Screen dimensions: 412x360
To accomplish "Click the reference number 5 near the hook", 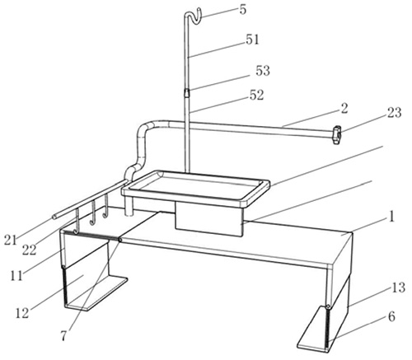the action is coord(243,10).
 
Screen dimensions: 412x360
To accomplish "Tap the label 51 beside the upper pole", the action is coord(252,40).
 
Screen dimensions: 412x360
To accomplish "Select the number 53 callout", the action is coord(263,71).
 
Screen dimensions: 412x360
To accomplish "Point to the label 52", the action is coord(256,96).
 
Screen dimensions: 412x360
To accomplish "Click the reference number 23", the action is coord(395,113).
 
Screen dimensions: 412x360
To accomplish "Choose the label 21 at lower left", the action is coord(11,240).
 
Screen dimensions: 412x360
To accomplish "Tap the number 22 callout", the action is coord(30,250).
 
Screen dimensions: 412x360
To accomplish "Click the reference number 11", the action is coord(16,275).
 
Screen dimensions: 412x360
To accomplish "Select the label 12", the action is coord(22,313).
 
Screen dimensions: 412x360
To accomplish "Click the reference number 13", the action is coord(399,288).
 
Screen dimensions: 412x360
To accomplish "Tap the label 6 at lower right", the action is coord(391,316).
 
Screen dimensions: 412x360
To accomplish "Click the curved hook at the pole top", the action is coord(194,16).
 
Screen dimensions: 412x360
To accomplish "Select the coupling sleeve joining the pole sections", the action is coord(186,92).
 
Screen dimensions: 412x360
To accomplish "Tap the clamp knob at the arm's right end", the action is coord(338,134).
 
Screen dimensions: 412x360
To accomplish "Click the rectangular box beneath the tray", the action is coord(209,219).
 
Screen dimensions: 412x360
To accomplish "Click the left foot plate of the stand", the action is coord(96,294).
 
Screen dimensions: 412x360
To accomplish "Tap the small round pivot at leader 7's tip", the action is coord(119,240).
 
